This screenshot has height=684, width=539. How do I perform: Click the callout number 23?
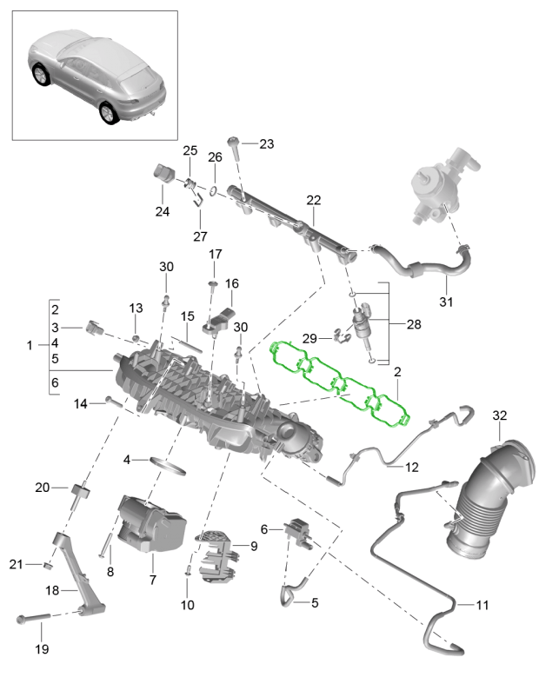tap(266, 144)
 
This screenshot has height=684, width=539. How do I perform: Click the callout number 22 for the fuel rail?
tap(313, 200)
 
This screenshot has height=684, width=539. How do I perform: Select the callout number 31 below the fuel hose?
tap(447, 302)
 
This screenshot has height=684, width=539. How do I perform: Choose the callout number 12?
tap(411, 467)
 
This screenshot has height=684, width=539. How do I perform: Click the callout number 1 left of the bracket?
tap(30, 345)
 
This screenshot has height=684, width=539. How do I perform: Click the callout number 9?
tap(254, 546)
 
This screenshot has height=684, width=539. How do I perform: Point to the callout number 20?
tap(43, 488)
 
